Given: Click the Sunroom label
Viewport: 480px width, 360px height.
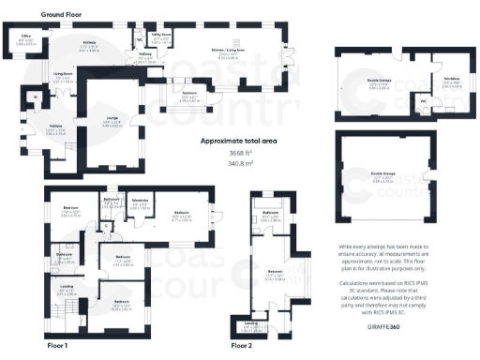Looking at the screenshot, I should coord(189,97).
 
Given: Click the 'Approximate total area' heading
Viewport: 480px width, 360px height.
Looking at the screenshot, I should coord(240,141).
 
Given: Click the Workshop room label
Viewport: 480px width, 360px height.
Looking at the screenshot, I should coord(449,82).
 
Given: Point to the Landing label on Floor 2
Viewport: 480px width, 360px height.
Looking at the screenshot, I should coord(251,325).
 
